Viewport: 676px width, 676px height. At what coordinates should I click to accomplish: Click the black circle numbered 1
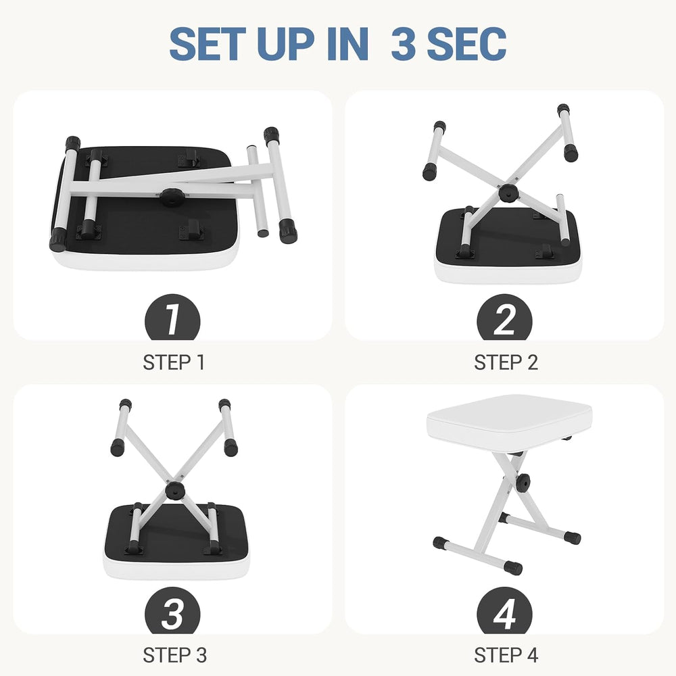[172, 317]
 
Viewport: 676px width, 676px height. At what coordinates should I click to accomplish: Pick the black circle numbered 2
[504, 317]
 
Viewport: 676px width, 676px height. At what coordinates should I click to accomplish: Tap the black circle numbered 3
[172, 610]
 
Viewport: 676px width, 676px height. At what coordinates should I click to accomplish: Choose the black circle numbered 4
[504, 610]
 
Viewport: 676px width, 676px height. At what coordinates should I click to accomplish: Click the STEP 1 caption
[174, 362]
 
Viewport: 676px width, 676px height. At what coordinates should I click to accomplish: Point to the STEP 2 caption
[506, 362]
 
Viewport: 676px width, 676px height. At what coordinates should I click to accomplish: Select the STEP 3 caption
[174, 655]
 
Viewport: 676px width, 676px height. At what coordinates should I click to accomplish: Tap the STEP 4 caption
[506, 655]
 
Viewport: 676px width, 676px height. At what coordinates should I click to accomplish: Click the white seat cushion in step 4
[509, 421]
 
